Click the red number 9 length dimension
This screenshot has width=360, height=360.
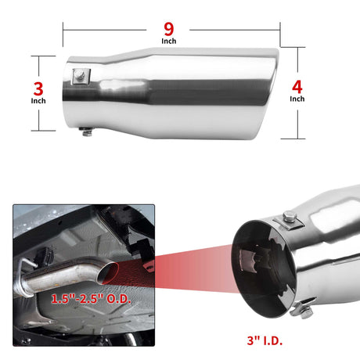(169, 29)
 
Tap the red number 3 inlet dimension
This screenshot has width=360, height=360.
(38, 89)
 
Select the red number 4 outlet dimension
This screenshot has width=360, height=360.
(297, 87)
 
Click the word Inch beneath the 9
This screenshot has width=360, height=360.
(169, 41)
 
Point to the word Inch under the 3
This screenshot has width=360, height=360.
(38, 101)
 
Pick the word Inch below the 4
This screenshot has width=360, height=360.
(297, 99)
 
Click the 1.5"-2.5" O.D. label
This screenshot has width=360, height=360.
(91, 298)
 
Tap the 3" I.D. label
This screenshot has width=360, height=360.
(265, 340)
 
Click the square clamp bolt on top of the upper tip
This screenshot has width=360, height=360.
(81, 76)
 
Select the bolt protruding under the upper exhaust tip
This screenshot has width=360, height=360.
(87, 132)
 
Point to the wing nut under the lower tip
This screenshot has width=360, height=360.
(303, 309)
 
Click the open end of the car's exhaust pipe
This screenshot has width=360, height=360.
(107, 273)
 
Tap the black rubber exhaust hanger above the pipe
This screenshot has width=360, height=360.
(45, 255)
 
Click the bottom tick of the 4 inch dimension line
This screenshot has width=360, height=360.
(293, 139)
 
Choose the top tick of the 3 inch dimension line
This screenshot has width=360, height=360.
(43, 56)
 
